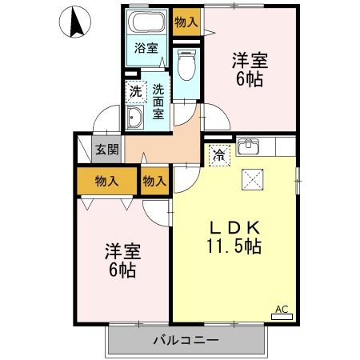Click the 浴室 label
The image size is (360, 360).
145,47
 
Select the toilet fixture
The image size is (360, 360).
186,63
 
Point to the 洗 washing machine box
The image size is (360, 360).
136,90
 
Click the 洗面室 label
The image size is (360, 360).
158,102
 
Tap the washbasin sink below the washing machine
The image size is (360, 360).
135,119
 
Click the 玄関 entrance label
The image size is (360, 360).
106,150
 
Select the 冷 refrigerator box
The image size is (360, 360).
217,155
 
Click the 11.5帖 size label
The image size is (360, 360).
233,245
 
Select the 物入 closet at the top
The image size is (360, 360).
186,22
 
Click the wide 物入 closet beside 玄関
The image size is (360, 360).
106,180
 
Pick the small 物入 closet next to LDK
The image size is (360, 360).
154,181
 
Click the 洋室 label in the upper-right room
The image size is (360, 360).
250,60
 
